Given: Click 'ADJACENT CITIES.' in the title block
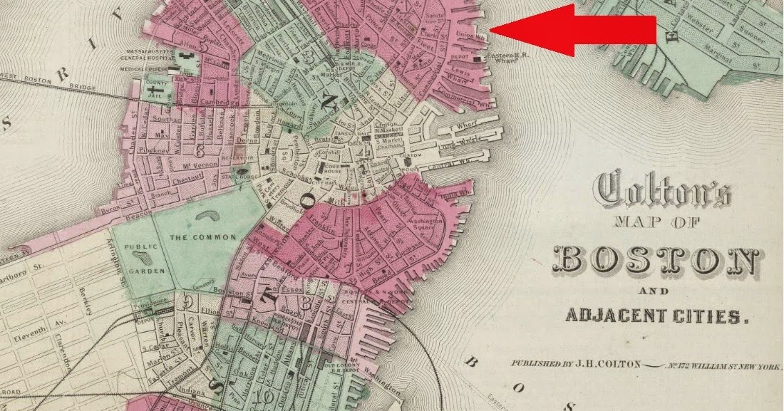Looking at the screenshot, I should pyautogui.click(x=657, y=314).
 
